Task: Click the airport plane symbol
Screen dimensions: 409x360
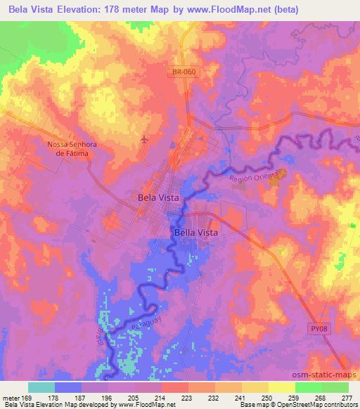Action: click(145, 139)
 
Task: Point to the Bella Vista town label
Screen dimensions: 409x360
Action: click(195, 232)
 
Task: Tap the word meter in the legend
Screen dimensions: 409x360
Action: click(11, 397)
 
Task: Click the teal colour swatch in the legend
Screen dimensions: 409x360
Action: click(41, 387)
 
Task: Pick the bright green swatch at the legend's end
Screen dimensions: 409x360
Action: click(335, 387)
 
